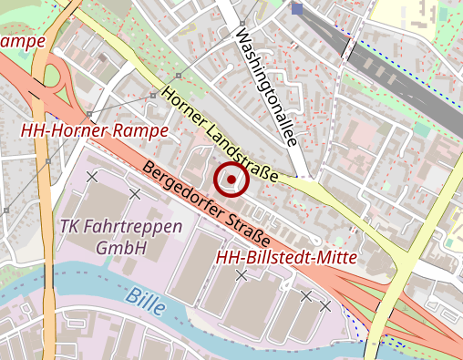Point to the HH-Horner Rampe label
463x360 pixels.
pos(95,131)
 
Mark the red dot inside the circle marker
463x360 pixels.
pos(231,180)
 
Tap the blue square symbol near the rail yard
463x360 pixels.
pos(297,9)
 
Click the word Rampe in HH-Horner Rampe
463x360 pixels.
pos(141,131)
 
